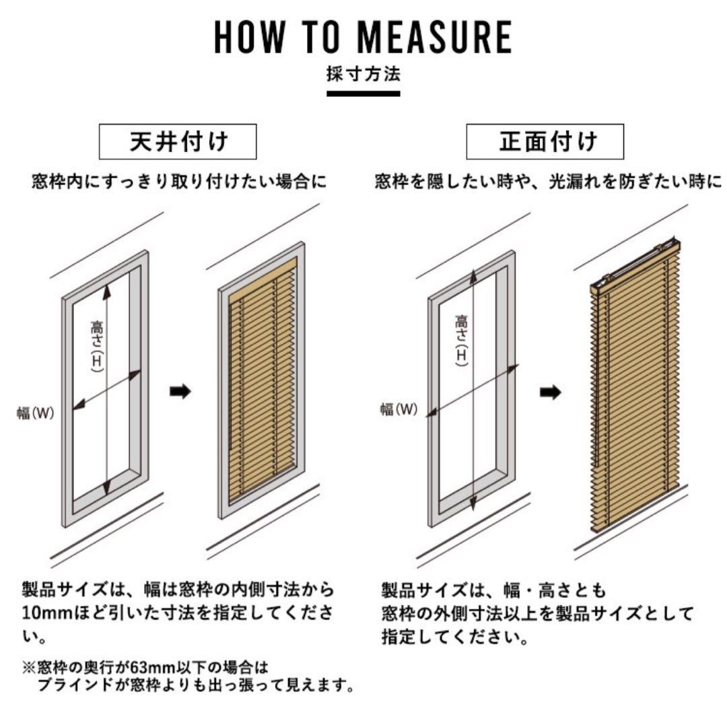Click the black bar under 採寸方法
363,92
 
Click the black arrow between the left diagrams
180,392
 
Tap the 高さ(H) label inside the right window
462,340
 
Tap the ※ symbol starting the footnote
28,668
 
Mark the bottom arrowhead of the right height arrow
473,504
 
